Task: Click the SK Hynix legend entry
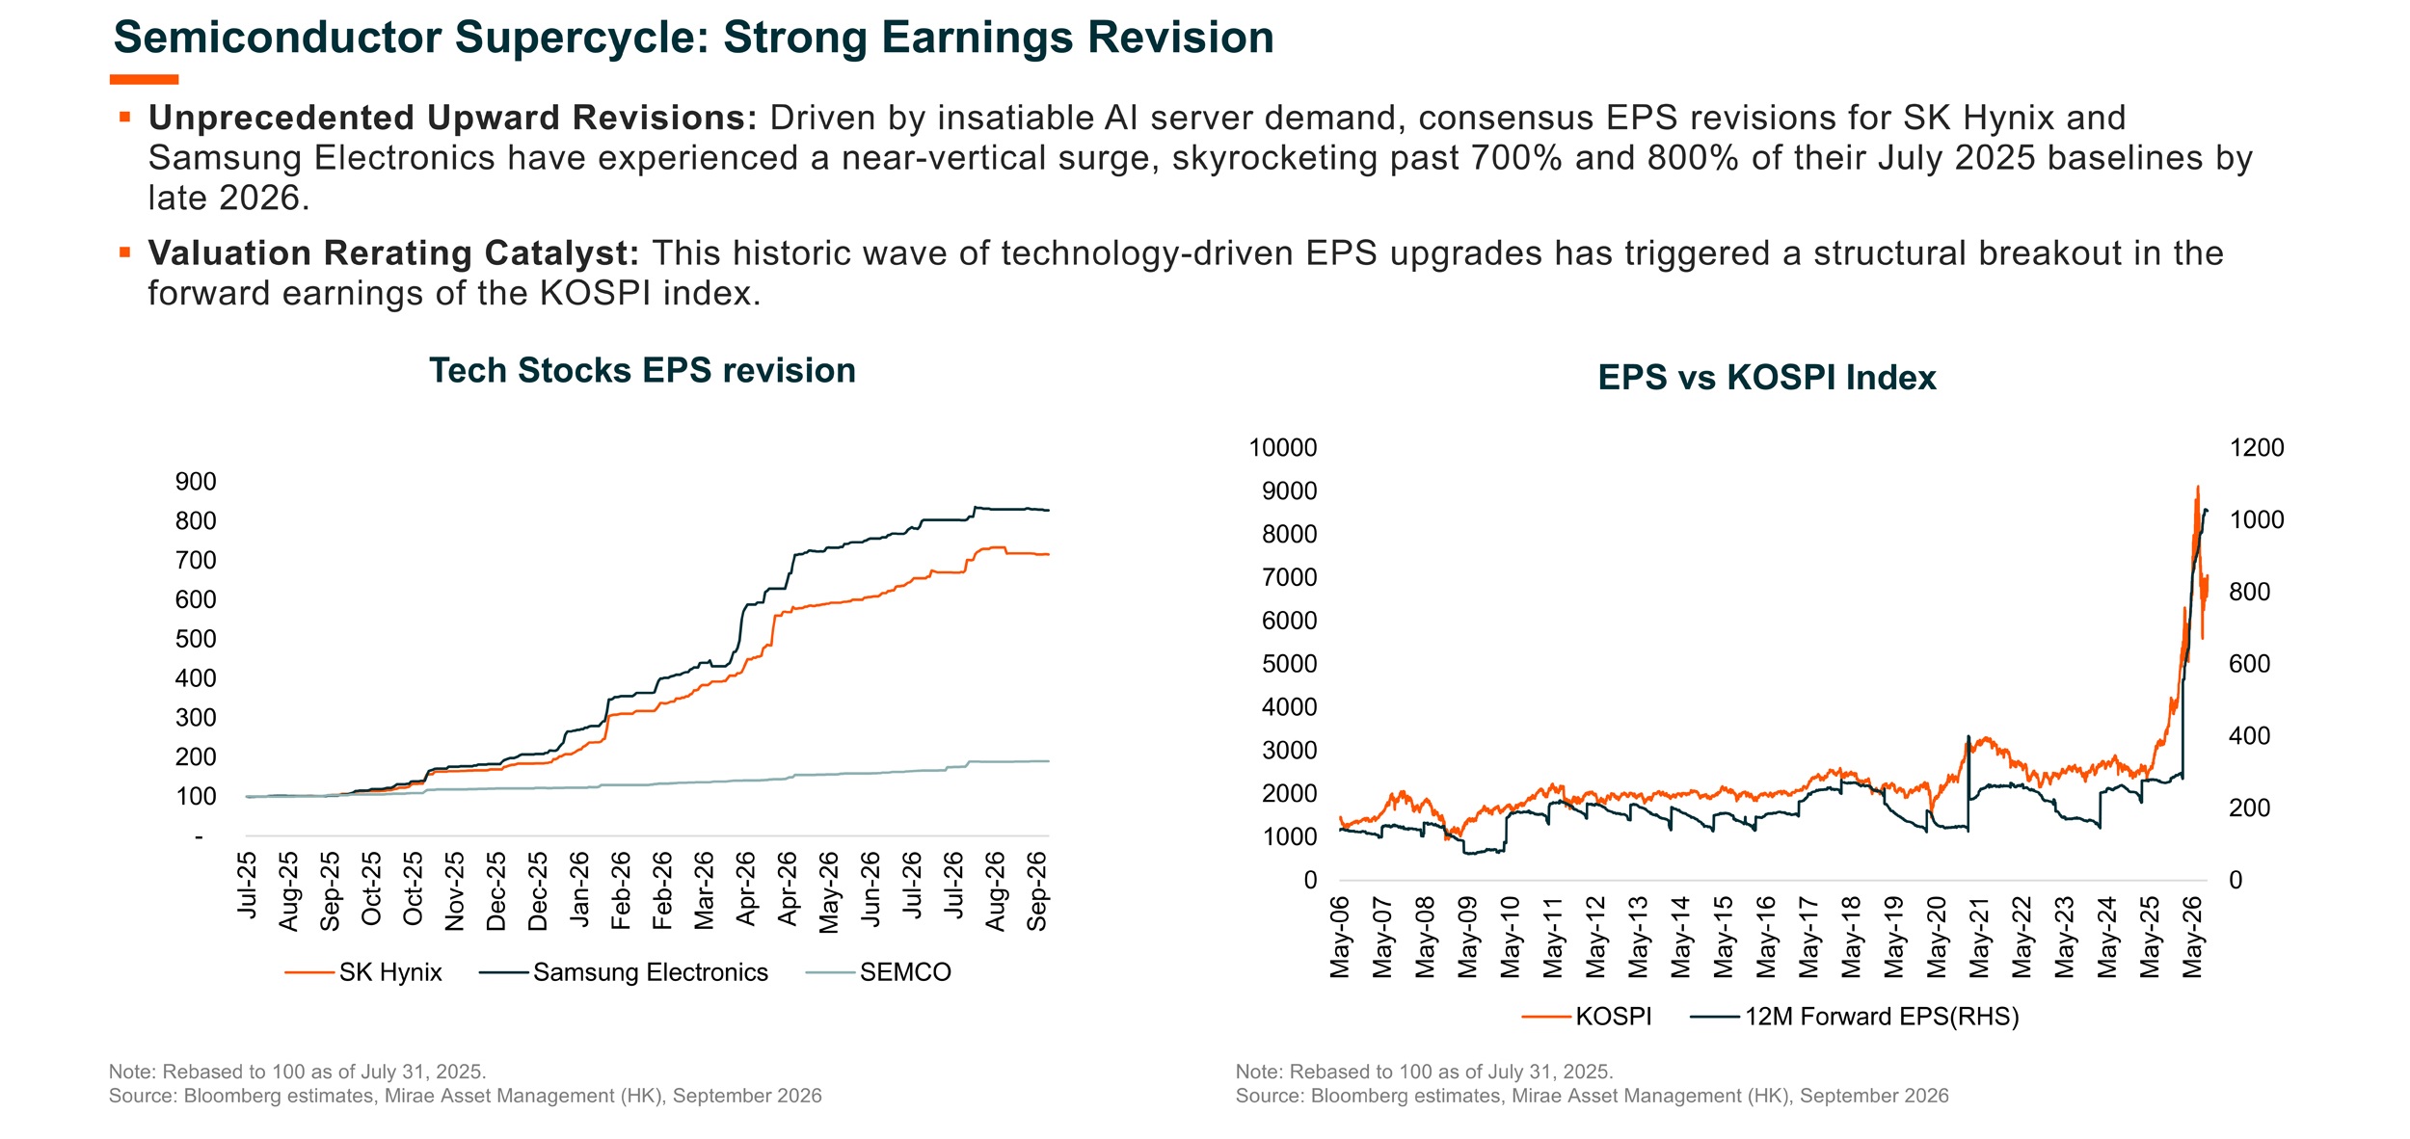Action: coord(363,972)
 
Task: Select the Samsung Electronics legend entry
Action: coord(624,972)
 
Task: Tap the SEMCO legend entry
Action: coord(878,972)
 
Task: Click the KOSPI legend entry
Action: coord(1587,1017)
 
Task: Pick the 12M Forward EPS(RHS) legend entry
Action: coord(1855,1017)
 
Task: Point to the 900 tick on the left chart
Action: coord(196,482)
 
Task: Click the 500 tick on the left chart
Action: coord(196,639)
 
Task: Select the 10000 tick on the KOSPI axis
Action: coord(1283,448)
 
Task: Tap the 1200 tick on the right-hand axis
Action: coord(2257,448)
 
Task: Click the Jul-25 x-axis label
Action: coord(248,885)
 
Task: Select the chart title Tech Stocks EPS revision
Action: coord(643,370)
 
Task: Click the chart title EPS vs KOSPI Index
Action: coord(1767,377)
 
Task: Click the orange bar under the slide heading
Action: coord(144,79)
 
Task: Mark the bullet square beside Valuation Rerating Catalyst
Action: coord(124,252)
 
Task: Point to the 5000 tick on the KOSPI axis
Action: coord(1290,664)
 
